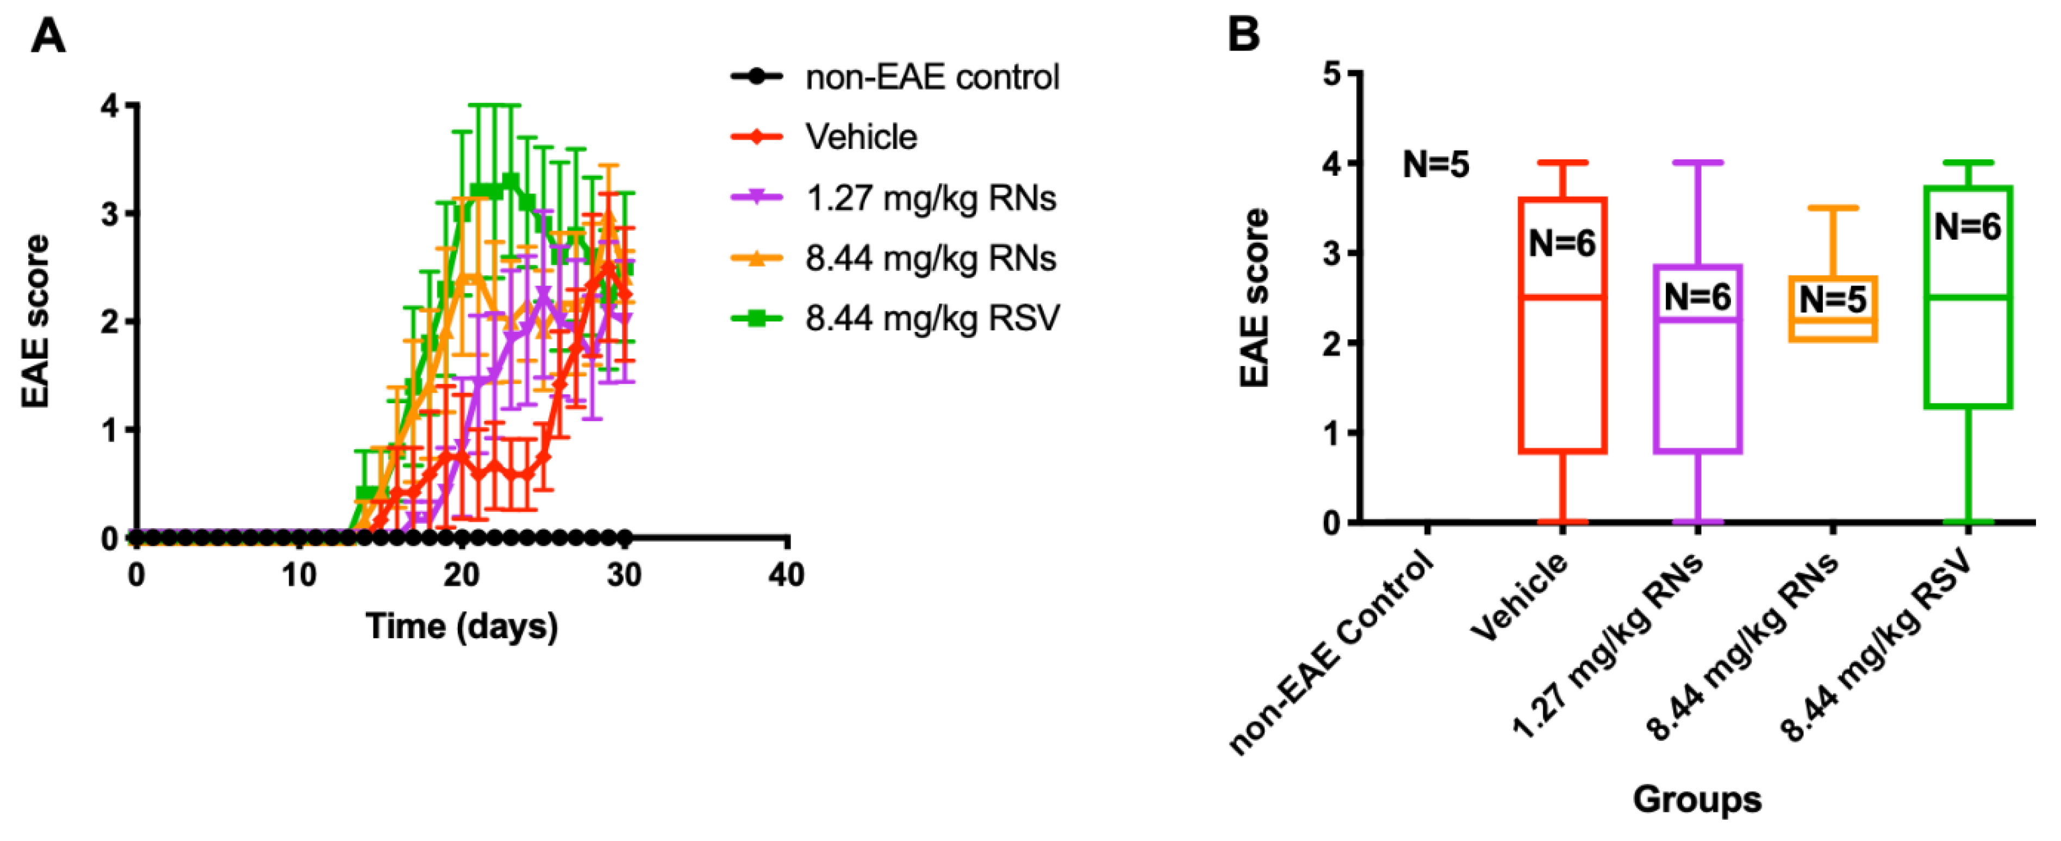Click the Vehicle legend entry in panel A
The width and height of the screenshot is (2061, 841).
point(860,137)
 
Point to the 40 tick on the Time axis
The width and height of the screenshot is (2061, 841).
point(786,574)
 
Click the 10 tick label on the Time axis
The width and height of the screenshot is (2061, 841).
point(298,574)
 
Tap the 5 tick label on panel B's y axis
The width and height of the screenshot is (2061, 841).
point(1331,73)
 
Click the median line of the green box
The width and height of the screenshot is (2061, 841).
point(1967,297)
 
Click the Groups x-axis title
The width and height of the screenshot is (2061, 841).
point(1697,799)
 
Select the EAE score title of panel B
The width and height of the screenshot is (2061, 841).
point(1254,298)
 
